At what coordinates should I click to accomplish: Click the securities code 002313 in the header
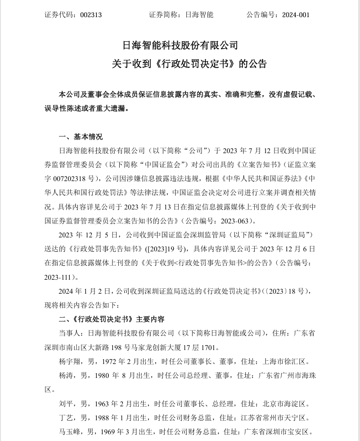point(91,14)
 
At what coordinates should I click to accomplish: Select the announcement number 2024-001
point(296,14)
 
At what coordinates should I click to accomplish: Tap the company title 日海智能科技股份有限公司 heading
point(180,45)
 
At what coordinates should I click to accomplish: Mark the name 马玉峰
point(68,431)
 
